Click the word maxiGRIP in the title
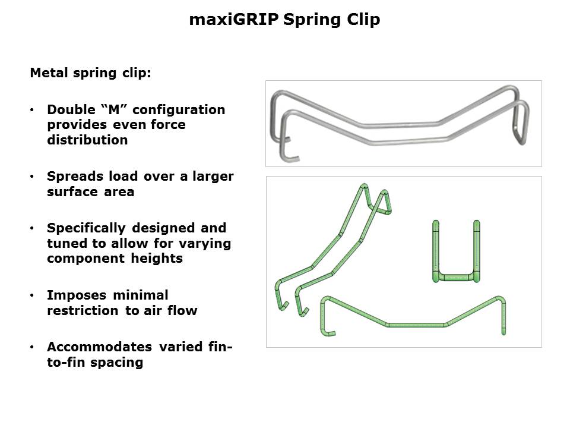234,19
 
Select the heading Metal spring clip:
90,73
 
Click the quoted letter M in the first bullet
114,109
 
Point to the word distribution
88,140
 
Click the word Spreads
75,177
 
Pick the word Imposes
77,295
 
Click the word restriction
83,310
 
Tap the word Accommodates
99,347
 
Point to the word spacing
117,363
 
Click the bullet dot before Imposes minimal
32,295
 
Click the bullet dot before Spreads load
32,177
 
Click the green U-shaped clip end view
456,278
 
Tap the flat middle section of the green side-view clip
416,325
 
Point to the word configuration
179,110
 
